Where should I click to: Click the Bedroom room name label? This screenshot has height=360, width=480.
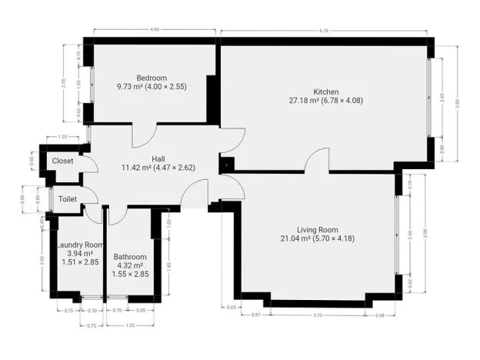tap(152, 78)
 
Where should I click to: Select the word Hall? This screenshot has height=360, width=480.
tap(157, 158)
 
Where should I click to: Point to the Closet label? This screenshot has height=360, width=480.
tap(62, 161)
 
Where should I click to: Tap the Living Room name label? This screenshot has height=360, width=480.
tap(318, 229)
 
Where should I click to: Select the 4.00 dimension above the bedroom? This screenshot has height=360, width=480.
tap(154, 29)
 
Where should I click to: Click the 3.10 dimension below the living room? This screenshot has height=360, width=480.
tap(318, 316)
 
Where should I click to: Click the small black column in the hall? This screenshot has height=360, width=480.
tap(227, 163)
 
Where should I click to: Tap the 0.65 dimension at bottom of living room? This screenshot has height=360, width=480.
tap(232, 307)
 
